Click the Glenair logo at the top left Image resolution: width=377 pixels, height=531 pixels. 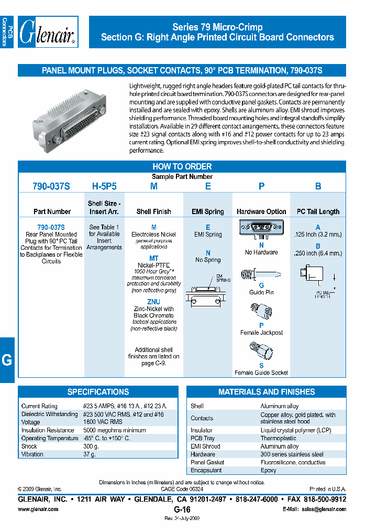pos(49,33)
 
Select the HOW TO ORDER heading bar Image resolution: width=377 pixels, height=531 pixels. pos(182,167)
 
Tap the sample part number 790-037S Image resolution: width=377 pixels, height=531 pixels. pos(51,186)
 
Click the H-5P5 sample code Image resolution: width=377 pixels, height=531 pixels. pos(104,186)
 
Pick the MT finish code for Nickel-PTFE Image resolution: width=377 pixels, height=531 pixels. pos(153,259)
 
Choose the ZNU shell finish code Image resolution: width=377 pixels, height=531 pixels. pos(153,302)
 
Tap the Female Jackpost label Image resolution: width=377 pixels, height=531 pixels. pos(261,333)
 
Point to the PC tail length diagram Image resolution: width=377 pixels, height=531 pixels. pos(317,278)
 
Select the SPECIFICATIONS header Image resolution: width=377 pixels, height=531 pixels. pos(98,392)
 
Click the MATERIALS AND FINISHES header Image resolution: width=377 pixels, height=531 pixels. pos(267,392)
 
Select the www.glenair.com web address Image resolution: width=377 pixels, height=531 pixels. pos(38,509)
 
